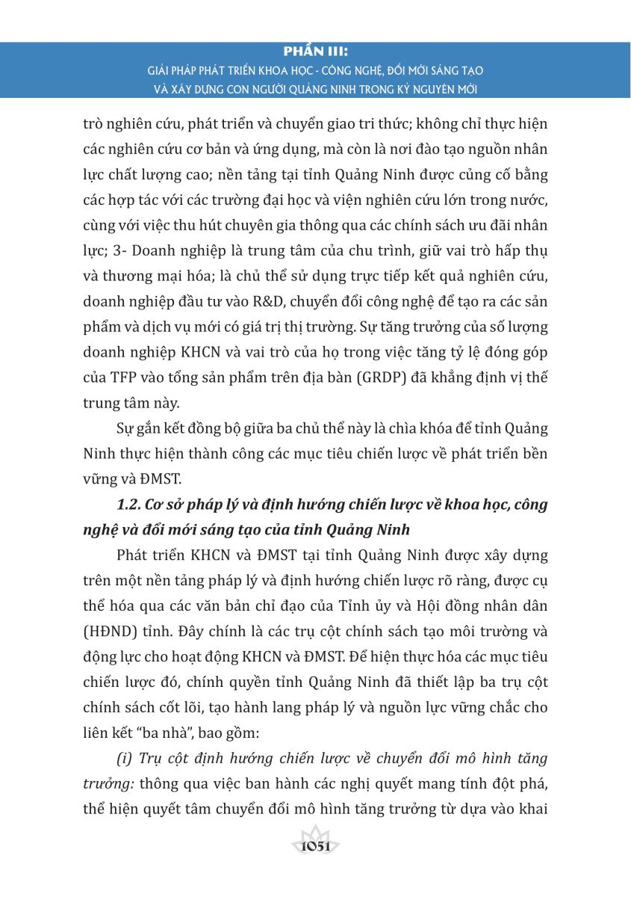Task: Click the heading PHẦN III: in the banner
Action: (x=315, y=53)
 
